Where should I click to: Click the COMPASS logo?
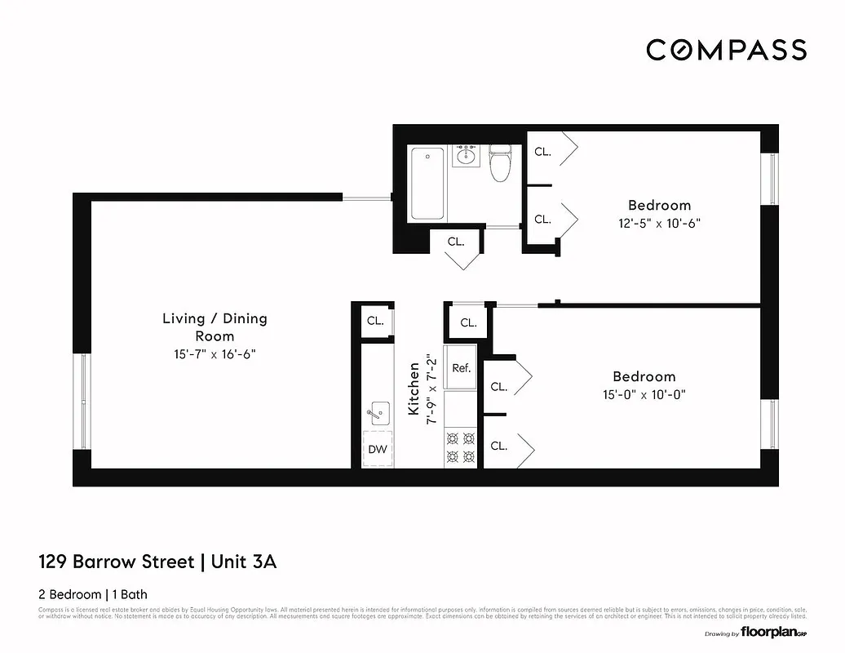[x=726, y=50]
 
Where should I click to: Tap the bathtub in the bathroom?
[x=427, y=184]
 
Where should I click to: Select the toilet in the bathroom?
[x=499, y=162]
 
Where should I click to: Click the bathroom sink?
[x=467, y=155]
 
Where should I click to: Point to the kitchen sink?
[x=378, y=413]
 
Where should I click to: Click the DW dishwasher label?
[x=377, y=449]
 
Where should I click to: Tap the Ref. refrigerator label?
[x=462, y=368]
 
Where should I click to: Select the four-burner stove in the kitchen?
[x=461, y=447]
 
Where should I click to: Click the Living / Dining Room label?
[x=215, y=326]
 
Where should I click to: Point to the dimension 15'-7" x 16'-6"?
[x=215, y=354]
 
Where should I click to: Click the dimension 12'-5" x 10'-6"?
[x=659, y=223]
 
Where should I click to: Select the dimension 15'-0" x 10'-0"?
[x=644, y=394]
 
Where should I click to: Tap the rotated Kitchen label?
[x=414, y=389]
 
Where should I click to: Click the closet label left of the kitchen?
[x=375, y=321]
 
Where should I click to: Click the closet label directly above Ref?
[x=468, y=322]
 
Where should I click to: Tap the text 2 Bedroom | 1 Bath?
[x=93, y=594]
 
